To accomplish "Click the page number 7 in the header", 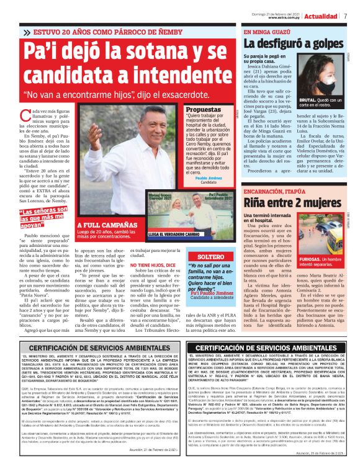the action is click(345, 16).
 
